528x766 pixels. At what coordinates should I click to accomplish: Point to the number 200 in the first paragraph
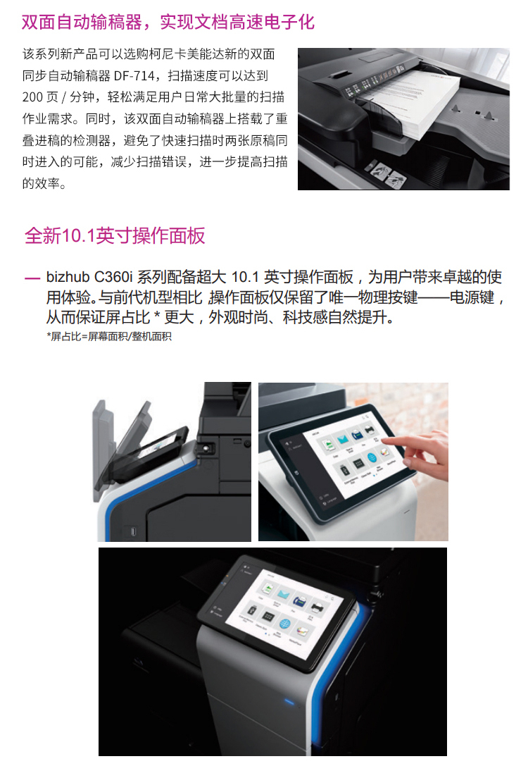[x=32, y=97]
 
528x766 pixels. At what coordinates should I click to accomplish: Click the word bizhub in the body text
[x=68, y=277]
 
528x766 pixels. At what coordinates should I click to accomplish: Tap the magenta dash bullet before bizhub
[x=32, y=278]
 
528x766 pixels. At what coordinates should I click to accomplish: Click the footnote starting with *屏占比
[x=109, y=336]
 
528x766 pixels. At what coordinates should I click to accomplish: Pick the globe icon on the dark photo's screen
[x=285, y=624]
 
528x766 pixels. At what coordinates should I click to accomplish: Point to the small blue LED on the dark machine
[x=289, y=703]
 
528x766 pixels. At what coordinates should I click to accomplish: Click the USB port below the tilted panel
[x=134, y=531]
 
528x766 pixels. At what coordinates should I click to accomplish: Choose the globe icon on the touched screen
[x=372, y=458]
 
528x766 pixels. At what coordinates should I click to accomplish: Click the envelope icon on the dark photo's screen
[x=284, y=593]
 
